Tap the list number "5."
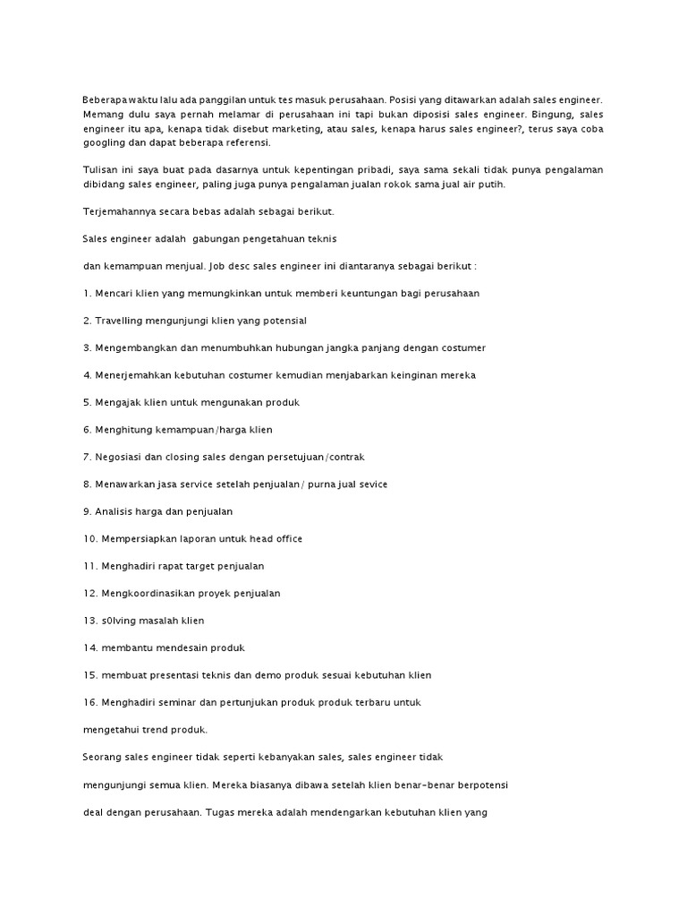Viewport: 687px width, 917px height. (88, 402)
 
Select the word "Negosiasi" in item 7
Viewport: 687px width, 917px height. (121, 457)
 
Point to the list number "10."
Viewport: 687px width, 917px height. (90, 538)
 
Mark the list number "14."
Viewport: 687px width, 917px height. (90, 647)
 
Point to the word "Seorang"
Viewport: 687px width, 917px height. (103, 758)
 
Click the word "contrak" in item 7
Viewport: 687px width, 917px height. (346, 457)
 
